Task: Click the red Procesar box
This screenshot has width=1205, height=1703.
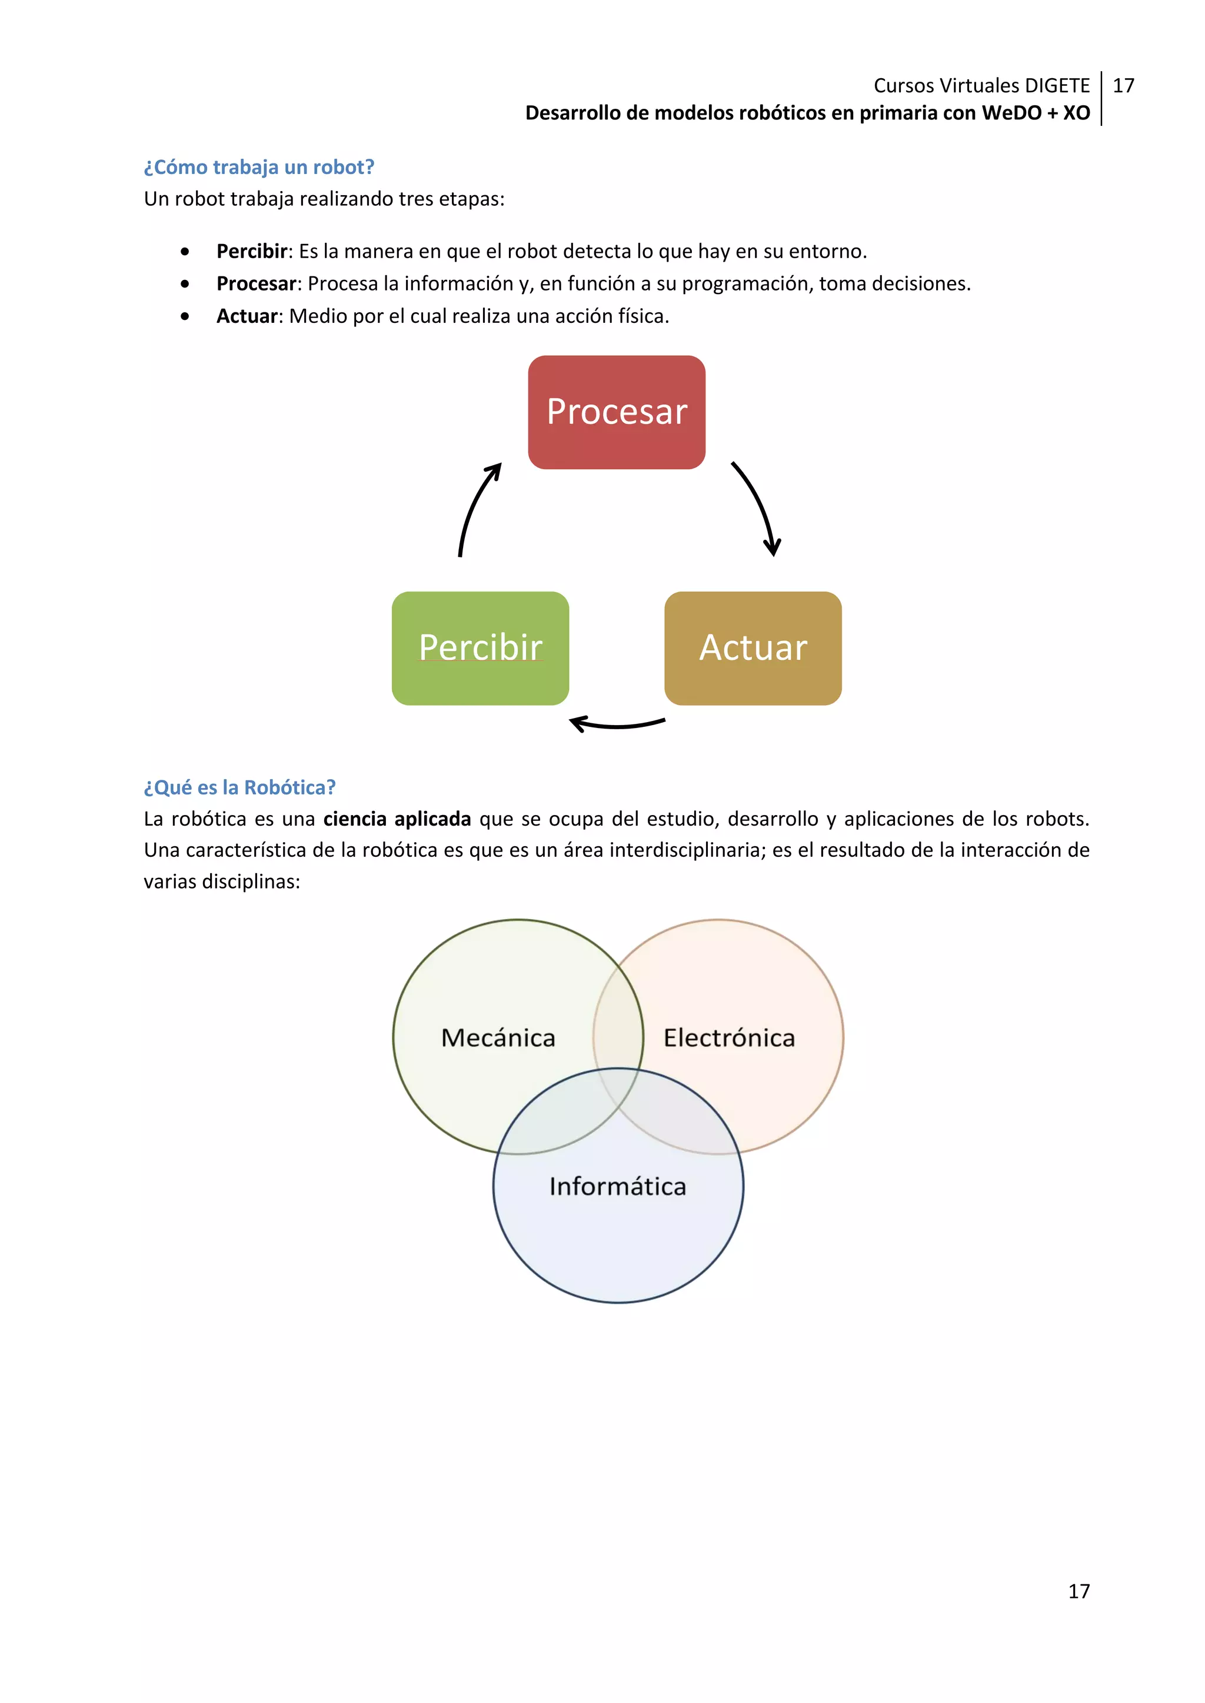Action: [617, 412]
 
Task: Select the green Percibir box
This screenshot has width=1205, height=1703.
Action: [480, 647]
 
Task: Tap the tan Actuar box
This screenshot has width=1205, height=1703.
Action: [753, 647]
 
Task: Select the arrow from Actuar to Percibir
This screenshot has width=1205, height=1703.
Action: [617, 724]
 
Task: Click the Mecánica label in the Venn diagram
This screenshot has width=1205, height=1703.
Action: [498, 1038]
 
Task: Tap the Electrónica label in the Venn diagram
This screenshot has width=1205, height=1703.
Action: [728, 1038]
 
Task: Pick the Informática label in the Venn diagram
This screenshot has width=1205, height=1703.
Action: [617, 1186]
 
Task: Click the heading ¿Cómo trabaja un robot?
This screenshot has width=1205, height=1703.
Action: [259, 167]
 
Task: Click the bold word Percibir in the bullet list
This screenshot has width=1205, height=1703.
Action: [252, 252]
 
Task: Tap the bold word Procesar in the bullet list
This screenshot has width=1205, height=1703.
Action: [256, 283]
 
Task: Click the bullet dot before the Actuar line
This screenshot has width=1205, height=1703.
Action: [185, 317]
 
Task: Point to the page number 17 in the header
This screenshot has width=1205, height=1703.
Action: [1123, 86]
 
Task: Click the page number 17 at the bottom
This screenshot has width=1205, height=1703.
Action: [1079, 1591]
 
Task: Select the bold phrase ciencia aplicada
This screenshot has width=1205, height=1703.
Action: [397, 819]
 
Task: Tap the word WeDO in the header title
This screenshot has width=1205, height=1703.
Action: [1011, 113]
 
